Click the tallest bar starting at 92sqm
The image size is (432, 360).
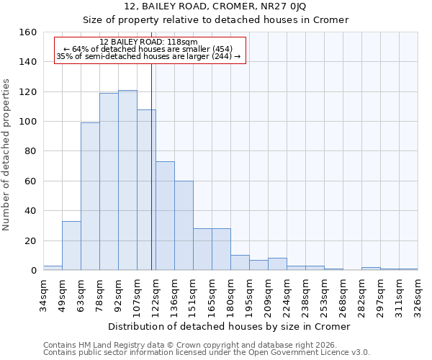coord(127,180)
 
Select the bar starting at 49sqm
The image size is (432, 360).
coord(71,246)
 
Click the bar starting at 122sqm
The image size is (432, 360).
coord(165,216)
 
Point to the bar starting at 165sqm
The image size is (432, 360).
coord(221,249)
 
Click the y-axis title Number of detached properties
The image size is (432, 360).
coord(7,152)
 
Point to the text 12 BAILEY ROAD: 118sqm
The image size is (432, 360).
coord(149,42)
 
